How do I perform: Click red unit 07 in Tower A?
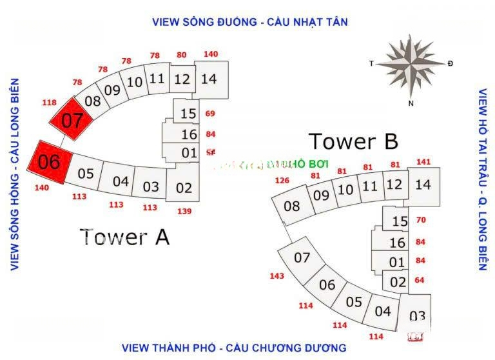[72, 120]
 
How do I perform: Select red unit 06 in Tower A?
[49, 161]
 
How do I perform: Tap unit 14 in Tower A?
[208, 79]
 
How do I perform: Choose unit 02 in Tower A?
[184, 188]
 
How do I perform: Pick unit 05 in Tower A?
[86, 174]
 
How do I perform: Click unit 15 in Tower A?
[188, 114]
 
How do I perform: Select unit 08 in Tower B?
[292, 206]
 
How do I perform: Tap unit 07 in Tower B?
[302, 258]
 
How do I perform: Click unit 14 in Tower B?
[423, 185]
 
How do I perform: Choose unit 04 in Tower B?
[383, 311]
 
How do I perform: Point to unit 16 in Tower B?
[398, 243]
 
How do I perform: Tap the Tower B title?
[353, 141]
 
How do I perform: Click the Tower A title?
[125, 237]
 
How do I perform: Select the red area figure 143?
[277, 276]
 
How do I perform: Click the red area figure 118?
[49, 103]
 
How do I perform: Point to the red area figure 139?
[184, 211]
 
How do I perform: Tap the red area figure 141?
[423, 162]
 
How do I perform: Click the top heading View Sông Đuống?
[250, 22]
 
